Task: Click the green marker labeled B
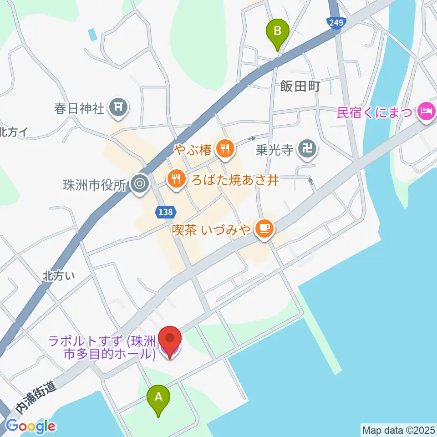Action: (x=278, y=33)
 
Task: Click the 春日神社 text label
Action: (x=86, y=108)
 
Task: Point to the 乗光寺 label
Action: (x=274, y=150)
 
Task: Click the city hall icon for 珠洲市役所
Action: (x=139, y=184)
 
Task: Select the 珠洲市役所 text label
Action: (x=94, y=185)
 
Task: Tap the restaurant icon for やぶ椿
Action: (x=224, y=147)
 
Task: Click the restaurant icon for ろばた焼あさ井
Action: (x=175, y=179)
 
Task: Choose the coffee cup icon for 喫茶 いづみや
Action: (x=264, y=228)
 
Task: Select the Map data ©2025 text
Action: (x=397, y=429)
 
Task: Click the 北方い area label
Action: (x=59, y=275)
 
